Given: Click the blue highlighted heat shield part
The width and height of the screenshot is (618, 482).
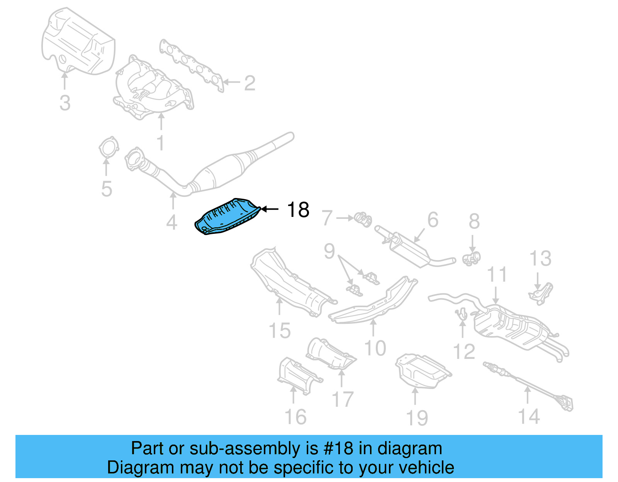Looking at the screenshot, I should point(226,217).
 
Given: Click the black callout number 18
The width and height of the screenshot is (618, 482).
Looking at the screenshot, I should point(298,210).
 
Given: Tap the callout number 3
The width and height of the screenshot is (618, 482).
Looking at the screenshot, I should point(65,103).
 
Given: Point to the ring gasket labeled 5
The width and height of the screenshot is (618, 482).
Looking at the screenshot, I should point(108,149).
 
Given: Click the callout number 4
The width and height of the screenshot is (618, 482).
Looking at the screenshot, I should point(171,222).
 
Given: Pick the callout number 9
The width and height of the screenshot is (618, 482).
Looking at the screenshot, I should point(329,251).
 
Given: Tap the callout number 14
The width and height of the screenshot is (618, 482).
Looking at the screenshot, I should point(528,416).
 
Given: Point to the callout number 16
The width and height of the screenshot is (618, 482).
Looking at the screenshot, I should point(295,417).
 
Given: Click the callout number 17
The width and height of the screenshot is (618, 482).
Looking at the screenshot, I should point(342,399).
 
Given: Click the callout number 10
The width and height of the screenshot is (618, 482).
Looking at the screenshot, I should point(375,348).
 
